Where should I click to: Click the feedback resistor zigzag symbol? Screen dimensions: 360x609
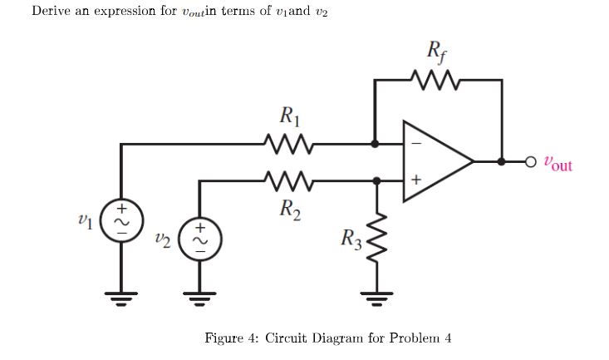click(x=437, y=81)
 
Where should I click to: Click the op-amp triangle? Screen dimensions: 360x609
click(x=436, y=161)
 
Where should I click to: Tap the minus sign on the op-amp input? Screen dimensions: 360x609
click(x=416, y=145)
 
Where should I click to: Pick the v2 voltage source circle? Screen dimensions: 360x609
click(x=199, y=239)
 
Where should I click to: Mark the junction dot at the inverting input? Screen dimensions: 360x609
click(x=376, y=144)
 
